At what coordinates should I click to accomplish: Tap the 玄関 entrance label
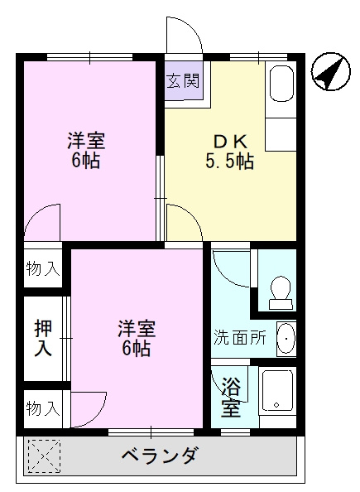182,81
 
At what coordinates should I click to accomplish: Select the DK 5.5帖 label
229,151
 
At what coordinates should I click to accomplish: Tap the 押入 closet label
42,338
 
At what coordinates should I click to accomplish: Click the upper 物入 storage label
42,268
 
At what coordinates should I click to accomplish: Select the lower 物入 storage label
42,408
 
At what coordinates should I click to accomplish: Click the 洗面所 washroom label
240,338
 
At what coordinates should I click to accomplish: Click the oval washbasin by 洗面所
286,338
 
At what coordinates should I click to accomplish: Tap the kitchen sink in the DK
279,84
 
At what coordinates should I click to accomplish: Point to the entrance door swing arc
184,36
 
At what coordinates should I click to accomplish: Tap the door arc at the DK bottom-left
182,224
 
